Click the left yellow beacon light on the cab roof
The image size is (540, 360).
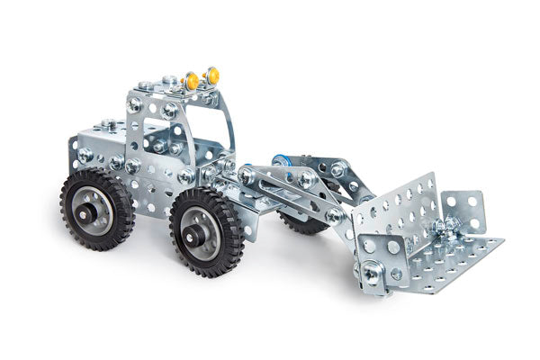click(x=192, y=81)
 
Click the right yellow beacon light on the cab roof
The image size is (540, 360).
click(x=212, y=75)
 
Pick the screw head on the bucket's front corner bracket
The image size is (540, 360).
click(x=369, y=269)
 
